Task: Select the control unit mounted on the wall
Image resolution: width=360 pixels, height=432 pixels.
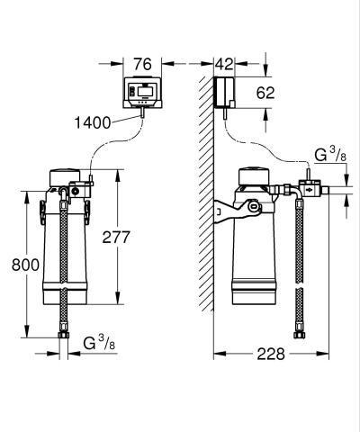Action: (224, 91)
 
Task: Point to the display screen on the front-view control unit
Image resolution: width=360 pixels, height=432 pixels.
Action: (145, 92)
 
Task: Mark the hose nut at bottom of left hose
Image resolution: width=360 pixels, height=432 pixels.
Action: (62, 337)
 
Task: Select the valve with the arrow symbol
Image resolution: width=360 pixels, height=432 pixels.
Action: (310, 191)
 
